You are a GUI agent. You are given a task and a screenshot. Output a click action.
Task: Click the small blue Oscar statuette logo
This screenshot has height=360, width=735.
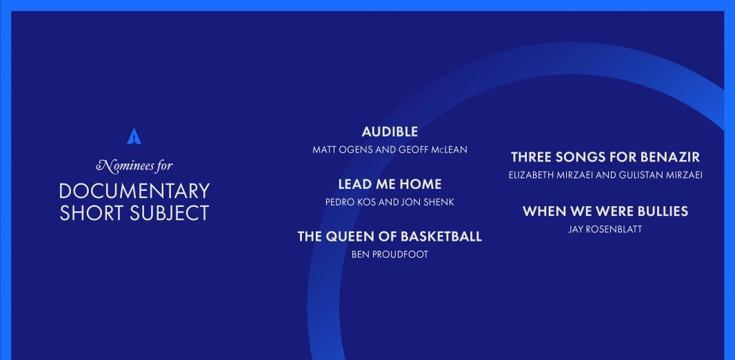click(x=134, y=136)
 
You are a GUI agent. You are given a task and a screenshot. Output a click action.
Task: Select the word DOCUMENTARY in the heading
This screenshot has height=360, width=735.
click(x=134, y=191)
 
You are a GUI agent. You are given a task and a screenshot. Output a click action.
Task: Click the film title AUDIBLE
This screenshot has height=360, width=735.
click(x=390, y=132)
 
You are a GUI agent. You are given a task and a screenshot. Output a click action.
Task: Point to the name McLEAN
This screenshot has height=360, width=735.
click(x=449, y=150)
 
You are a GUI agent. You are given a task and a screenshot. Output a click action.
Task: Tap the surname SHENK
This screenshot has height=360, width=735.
click(x=439, y=202)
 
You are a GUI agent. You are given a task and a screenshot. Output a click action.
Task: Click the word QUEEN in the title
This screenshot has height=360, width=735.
click(x=348, y=237)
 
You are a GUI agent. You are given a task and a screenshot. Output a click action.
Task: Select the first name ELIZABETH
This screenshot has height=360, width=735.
click(x=531, y=175)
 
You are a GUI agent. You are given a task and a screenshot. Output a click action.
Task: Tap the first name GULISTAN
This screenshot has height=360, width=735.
click(x=641, y=175)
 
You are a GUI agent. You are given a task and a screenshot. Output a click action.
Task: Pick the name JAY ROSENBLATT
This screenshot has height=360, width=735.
click(x=605, y=229)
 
